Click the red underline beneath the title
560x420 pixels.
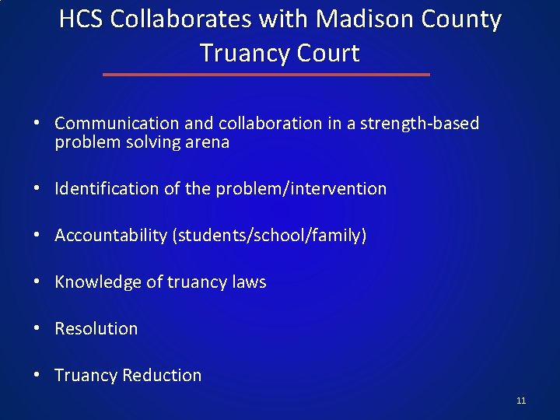point(266,75)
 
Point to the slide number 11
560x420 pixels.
point(521,401)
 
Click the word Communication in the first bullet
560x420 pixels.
point(117,123)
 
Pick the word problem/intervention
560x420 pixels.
point(299,188)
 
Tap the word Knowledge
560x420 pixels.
point(93,282)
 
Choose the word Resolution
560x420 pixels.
point(96,328)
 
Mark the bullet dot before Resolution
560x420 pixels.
point(37,329)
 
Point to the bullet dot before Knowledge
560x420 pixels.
point(37,282)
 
